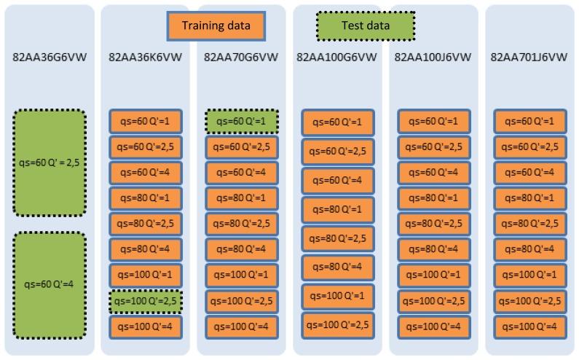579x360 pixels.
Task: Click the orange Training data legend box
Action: [216, 26]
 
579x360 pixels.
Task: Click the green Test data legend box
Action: [365, 26]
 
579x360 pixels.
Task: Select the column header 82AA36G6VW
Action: [49, 57]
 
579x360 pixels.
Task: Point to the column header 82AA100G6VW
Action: [336, 57]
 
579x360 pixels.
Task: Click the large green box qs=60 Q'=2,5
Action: [50, 163]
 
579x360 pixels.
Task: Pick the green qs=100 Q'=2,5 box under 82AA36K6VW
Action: [146, 300]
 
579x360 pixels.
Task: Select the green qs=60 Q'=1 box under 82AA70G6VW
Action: [241, 121]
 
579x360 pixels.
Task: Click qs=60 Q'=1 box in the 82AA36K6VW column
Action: [146, 121]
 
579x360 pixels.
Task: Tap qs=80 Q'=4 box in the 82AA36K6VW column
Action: [146, 249]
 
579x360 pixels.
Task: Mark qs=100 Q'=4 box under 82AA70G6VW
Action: [241, 326]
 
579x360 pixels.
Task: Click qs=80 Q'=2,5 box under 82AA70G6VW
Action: [241, 223]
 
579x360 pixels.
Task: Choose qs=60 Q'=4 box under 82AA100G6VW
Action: [338, 180]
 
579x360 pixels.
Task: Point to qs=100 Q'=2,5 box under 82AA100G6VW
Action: [338, 324]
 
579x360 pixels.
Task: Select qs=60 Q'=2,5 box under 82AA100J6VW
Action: [434, 146]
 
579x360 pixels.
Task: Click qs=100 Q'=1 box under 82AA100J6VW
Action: [434, 275]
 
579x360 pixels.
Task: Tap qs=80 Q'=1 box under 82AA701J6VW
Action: [529, 197]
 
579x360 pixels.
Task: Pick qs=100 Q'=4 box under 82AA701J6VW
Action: [529, 326]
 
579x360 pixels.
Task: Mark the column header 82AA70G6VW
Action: [241, 57]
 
